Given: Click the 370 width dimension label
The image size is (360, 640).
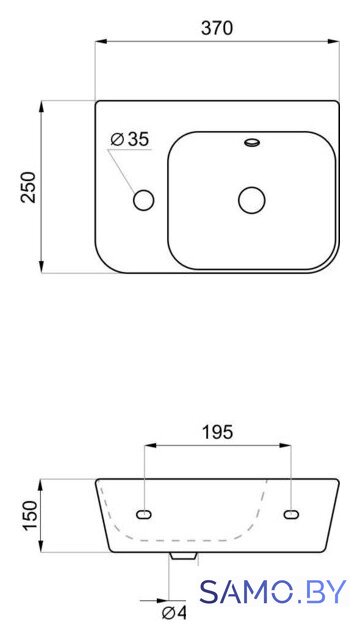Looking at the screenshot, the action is [217, 28].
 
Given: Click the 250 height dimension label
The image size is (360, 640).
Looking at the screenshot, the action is [29, 187].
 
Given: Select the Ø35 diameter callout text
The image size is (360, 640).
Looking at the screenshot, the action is [130, 140].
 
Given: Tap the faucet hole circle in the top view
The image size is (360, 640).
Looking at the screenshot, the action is [143, 200].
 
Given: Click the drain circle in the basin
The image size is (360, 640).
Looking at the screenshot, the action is [251, 200].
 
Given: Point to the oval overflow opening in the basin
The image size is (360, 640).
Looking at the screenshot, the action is [252, 142].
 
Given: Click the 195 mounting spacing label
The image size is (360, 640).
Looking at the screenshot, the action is [217, 433].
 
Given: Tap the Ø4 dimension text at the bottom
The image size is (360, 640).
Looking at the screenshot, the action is [174, 612].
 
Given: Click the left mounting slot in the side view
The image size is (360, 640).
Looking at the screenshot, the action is [144, 515].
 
